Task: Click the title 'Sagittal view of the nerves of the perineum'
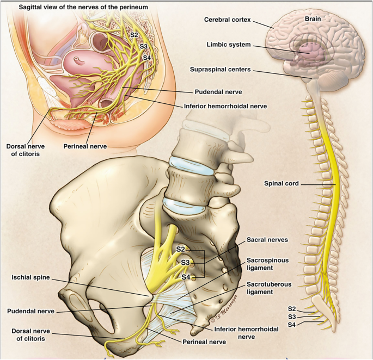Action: pyautogui.click(x=76, y=7)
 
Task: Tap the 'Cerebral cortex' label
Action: pyautogui.click(x=227, y=20)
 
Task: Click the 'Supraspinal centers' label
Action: pyautogui.click(x=221, y=70)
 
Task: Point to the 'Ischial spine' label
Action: pyautogui.click(x=30, y=277)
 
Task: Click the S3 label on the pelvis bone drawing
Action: pyautogui.click(x=186, y=263)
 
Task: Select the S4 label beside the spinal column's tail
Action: pyautogui.click(x=292, y=325)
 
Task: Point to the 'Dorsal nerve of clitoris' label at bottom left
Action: pyautogui.click(x=30, y=334)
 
